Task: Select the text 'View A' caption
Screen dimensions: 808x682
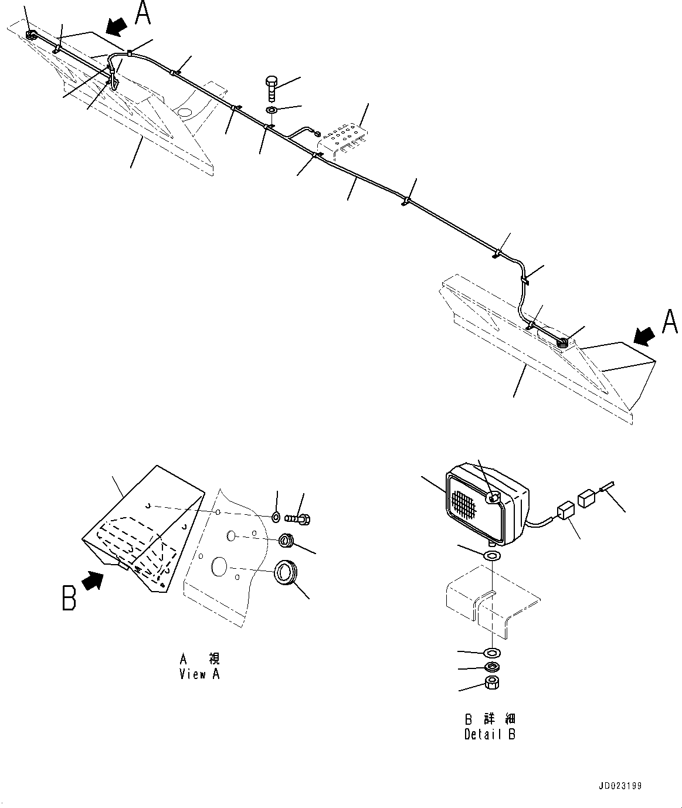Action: point(199,674)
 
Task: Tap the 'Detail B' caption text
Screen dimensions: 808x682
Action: point(490,734)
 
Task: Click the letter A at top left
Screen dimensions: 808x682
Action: point(143,13)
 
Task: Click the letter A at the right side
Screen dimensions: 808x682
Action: point(670,322)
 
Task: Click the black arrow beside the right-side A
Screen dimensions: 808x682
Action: point(644,335)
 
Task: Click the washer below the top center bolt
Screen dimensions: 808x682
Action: point(273,110)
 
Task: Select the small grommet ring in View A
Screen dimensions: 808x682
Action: point(287,540)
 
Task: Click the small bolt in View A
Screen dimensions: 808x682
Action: point(299,518)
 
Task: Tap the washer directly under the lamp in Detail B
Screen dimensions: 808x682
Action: point(491,555)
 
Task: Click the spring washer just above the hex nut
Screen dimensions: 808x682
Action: point(492,667)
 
